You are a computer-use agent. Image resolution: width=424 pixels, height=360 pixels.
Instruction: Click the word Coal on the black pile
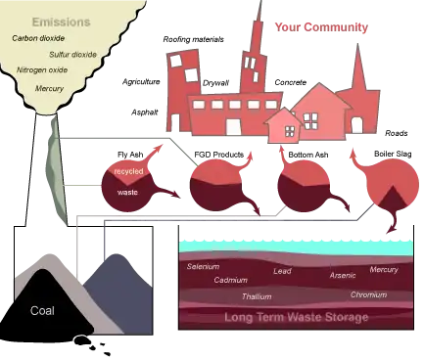click(x=42, y=310)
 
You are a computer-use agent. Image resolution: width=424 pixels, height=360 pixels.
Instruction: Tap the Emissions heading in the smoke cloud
click(x=61, y=22)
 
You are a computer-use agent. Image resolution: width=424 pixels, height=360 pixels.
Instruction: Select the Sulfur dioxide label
click(x=72, y=55)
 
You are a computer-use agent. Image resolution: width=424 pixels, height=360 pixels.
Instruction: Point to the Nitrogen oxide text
click(x=42, y=70)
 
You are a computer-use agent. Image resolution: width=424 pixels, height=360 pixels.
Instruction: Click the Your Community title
click(x=321, y=27)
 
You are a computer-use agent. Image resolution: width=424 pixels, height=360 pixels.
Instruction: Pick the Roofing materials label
click(x=193, y=39)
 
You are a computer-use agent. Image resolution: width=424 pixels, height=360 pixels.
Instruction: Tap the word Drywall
click(x=215, y=83)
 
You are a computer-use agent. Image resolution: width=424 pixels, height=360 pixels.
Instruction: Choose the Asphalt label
click(x=144, y=112)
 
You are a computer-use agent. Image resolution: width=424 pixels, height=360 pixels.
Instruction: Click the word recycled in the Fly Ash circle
click(x=128, y=171)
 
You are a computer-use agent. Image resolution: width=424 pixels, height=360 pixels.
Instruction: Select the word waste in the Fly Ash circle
click(x=127, y=193)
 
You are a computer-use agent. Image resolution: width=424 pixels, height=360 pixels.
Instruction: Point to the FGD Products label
click(x=219, y=155)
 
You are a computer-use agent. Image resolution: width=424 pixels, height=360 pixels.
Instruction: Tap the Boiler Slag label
click(x=393, y=154)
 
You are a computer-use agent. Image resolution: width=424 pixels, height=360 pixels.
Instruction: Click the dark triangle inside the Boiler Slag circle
click(x=393, y=199)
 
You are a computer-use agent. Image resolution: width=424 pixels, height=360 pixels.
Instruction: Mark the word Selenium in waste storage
click(x=203, y=266)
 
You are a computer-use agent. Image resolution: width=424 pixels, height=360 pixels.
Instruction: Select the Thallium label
click(x=257, y=296)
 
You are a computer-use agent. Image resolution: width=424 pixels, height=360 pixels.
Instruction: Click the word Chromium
click(x=368, y=294)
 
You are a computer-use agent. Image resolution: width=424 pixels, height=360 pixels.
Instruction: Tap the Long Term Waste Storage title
click(x=297, y=317)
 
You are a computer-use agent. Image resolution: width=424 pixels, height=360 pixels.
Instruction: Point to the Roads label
click(x=397, y=133)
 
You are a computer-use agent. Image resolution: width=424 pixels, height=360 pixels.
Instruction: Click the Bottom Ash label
click(x=308, y=155)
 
